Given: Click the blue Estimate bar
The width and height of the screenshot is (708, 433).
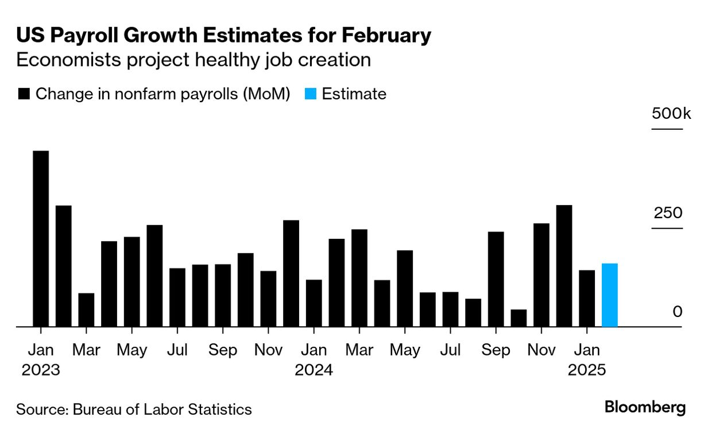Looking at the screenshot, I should pos(609,295).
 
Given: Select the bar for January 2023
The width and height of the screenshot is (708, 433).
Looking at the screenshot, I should pos(41,239).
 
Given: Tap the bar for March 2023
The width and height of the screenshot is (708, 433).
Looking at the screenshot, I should pos(86,310).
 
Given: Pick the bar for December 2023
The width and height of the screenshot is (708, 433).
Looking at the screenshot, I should pos(291,273).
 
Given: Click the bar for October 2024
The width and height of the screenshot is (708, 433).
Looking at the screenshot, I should pos(519,318).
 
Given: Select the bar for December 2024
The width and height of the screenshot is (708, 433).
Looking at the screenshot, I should pos(564,266).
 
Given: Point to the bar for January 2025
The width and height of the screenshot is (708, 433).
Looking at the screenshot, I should pos(587,299).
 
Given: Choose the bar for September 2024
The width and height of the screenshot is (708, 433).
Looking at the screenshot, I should pos(496,279).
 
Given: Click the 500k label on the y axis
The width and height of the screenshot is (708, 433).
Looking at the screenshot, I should pos(671,113).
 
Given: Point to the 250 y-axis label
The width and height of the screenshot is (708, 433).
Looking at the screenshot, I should pos(668,213).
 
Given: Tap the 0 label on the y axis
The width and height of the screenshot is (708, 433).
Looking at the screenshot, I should pos(678,312).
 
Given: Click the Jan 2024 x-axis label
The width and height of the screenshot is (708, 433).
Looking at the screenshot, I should pos(314,359).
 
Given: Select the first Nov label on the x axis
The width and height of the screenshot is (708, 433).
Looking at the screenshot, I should pos(268,350).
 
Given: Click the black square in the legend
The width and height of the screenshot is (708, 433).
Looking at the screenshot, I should pos(24,94).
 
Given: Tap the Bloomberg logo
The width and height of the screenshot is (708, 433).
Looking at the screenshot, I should pos(645,408).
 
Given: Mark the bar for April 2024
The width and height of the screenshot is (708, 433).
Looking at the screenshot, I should pos(382,303).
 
